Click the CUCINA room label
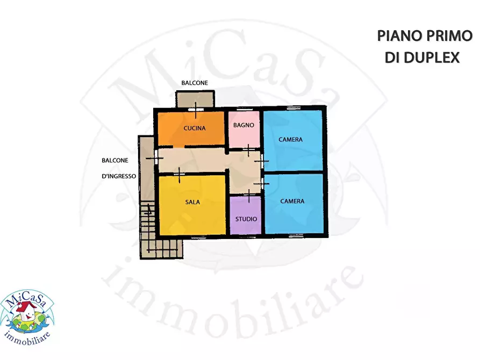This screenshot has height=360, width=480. [195, 128]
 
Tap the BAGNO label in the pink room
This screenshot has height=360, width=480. [243, 125]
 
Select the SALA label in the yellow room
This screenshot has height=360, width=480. [192, 202]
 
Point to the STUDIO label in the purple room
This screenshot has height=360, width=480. [246, 219]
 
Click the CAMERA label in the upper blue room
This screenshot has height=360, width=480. [290, 139]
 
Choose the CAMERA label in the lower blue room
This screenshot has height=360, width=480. [292, 201]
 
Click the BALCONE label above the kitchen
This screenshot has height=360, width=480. [195, 83]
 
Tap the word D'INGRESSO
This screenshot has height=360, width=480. [119, 175]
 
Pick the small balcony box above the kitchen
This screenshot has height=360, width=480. [195, 99]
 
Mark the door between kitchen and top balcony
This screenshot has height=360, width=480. [196, 110]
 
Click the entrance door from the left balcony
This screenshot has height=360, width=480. [155, 157]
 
